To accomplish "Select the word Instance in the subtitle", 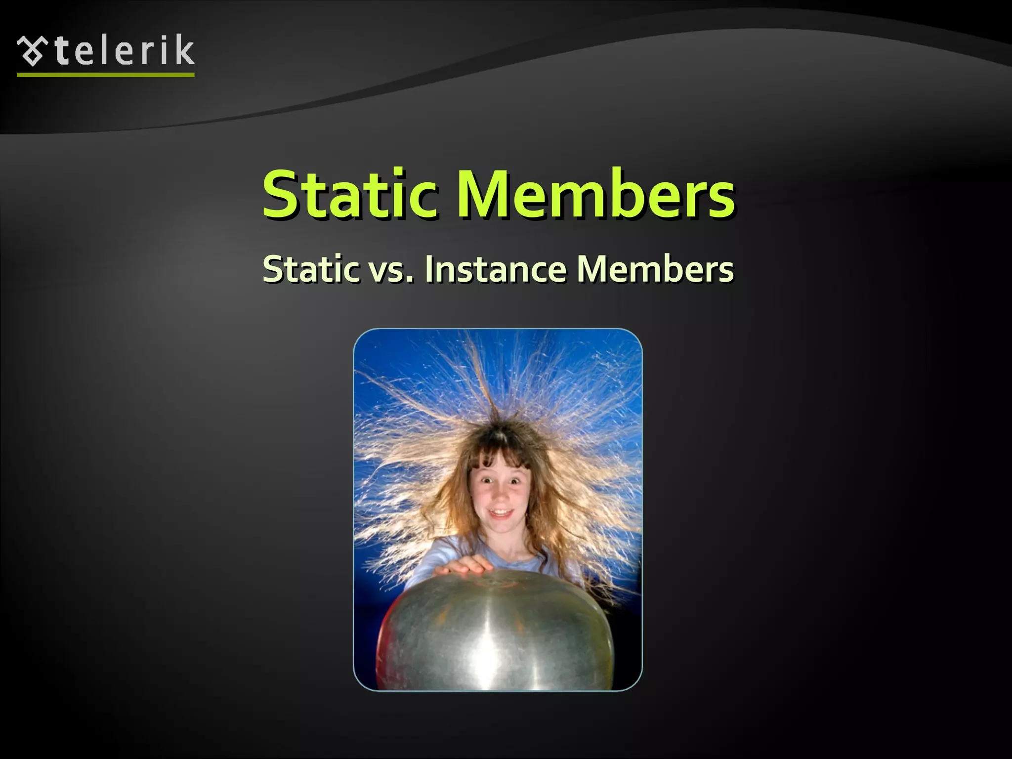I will point(495,269).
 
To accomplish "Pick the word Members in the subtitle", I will point(655,269).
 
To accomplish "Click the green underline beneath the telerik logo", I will point(105,75).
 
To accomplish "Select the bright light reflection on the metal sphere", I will point(487,657).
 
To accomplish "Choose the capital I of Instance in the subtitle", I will point(429,269).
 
